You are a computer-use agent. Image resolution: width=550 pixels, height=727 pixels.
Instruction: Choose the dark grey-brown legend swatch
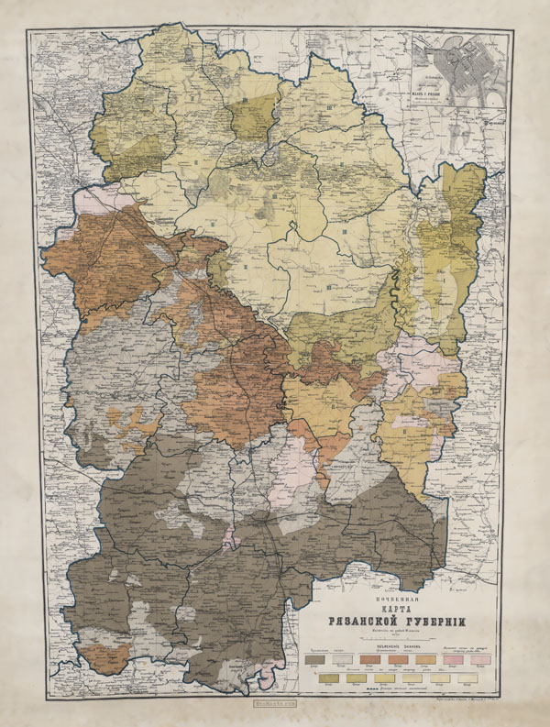[317, 659]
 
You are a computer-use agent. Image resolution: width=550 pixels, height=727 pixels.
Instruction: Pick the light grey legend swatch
[344, 659]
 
